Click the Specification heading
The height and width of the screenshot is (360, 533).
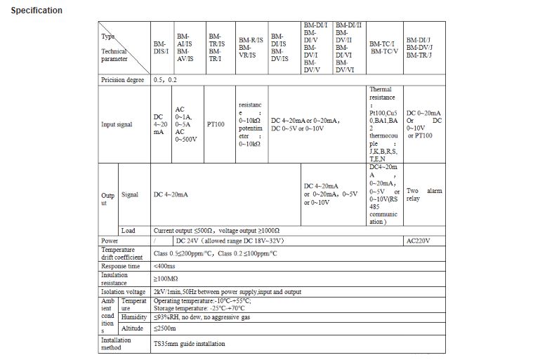(37, 11)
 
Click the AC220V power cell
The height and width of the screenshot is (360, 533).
(419, 240)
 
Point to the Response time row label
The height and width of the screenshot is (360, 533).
(120, 267)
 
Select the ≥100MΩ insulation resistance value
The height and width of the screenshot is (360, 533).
(166, 279)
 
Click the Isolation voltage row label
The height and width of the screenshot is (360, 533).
(124, 291)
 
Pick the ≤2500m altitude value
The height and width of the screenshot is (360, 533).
(166, 328)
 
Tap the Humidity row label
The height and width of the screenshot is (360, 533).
(133, 316)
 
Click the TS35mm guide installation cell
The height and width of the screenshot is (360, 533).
(190, 344)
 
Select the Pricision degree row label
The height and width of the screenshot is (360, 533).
(124, 80)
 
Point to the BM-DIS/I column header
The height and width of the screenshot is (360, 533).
(160, 48)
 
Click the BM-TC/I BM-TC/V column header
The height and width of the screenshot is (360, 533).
(383, 47)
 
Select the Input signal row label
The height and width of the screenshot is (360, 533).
(118, 124)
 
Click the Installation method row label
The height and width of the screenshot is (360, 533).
(116, 344)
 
